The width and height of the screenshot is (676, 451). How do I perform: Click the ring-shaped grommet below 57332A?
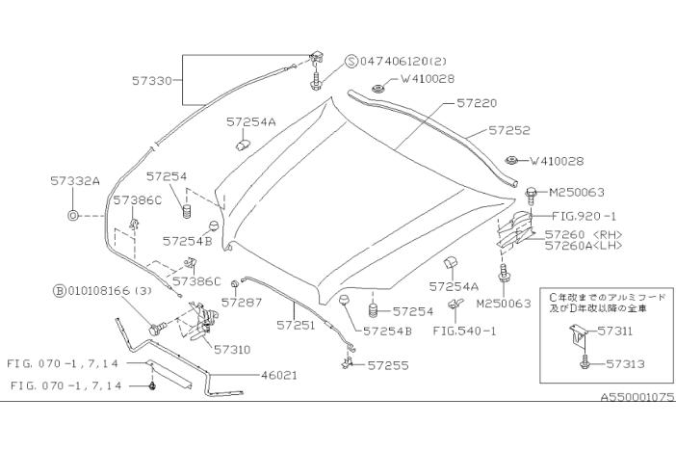[x=74, y=214]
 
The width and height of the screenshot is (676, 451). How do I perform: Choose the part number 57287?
[x=242, y=302]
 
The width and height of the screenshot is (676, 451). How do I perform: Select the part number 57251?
[x=297, y=327]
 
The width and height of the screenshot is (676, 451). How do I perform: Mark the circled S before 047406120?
[x=351, y=59]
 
